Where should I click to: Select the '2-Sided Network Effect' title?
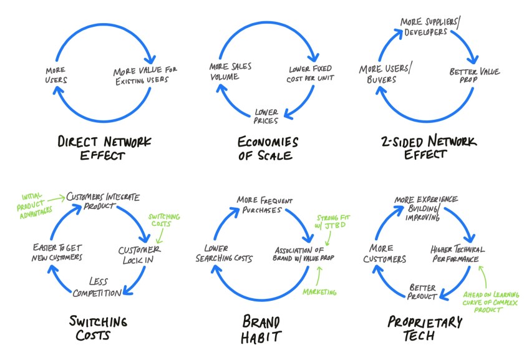427,148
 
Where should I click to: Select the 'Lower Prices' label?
266,115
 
